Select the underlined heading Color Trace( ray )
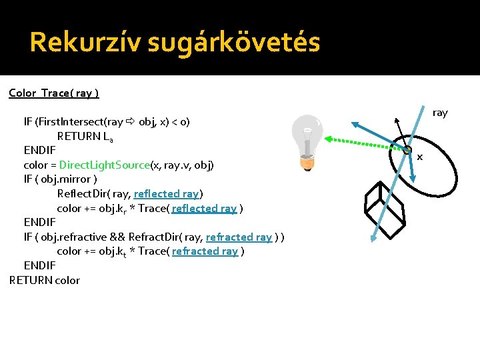[x=54, y=93]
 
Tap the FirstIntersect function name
[x=73, y=122]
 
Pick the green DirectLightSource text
[x=104, y=165]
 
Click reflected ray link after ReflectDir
[x=167, y=194]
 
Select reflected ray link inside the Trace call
[x=204, y=208]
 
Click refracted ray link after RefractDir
[x=239, y=237]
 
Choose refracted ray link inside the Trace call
[x=205, y=251]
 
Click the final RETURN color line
[x=45, y=280]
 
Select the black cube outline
[x=385, y=203]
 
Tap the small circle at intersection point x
[x=407, y=151]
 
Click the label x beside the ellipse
[x=420, y=157]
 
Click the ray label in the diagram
[x=440, y=113]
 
